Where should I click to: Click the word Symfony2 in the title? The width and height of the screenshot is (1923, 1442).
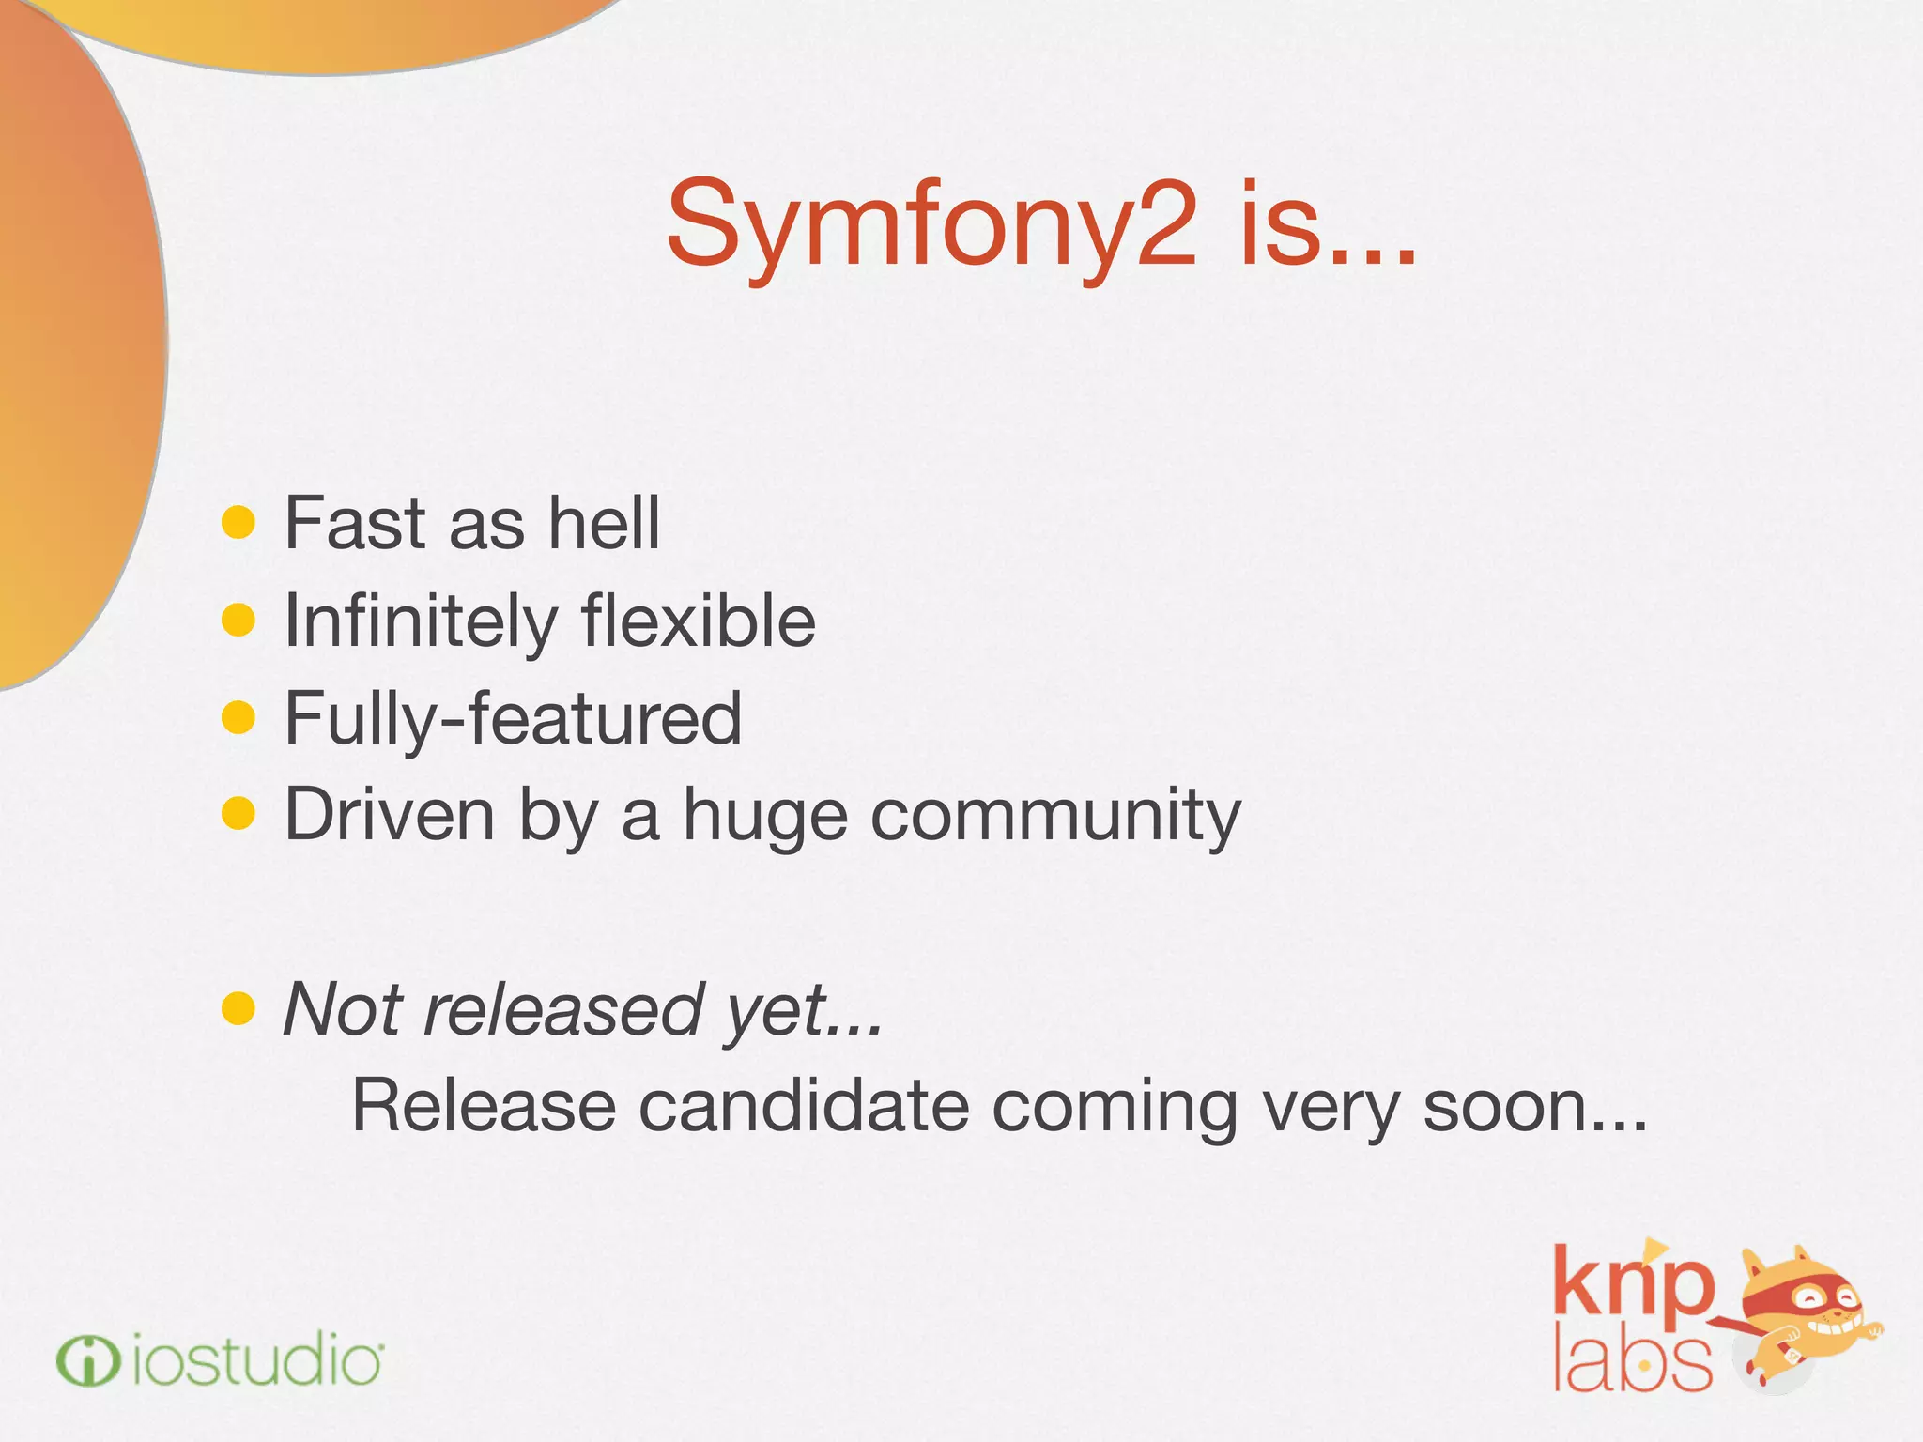[931, 225]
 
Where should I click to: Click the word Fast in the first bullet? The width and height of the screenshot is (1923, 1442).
[354, 523]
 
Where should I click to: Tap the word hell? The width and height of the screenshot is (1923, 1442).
[605, 523]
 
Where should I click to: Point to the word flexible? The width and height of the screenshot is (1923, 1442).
[699, 621]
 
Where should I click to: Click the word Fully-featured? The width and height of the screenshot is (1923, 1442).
[513, 719]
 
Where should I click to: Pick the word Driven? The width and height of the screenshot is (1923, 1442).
[389, 815]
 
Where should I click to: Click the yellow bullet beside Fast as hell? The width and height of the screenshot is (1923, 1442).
[238, 523]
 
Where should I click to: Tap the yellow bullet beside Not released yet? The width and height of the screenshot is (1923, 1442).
[238, 1008]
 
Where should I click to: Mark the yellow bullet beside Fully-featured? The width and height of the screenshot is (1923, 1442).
[238, 718]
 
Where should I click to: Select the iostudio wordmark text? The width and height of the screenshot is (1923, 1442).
[255, 1361]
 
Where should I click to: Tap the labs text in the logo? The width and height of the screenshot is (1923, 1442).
[1632, 1361]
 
